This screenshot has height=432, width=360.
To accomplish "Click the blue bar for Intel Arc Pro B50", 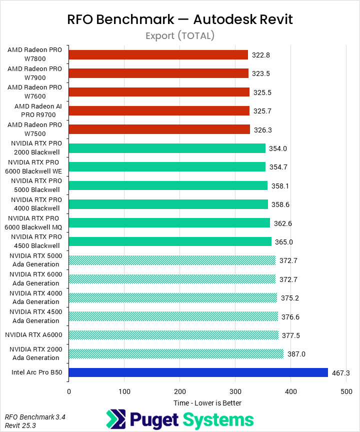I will point(198,372).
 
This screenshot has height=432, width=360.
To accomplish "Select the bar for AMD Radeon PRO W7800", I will point(158,54).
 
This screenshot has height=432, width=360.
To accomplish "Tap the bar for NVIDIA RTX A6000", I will point(173,335).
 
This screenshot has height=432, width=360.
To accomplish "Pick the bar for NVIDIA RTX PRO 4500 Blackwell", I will point(170,241).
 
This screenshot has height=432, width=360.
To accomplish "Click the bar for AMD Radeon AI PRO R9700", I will point(159,111).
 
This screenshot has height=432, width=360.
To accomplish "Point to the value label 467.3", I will point(341,373).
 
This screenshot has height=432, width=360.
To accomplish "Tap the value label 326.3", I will point(263,130).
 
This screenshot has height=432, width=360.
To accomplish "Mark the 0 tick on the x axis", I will point(69,391).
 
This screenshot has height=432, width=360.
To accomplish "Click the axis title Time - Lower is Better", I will point(207,403).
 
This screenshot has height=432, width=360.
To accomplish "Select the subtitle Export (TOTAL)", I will point(180,35).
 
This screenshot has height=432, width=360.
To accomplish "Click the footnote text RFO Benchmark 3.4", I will point(28,416).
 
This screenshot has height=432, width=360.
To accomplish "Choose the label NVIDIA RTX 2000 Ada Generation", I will point(35,354).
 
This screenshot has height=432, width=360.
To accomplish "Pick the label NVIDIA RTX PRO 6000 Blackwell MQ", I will point(35,223).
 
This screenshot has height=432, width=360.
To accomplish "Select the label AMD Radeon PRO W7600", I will point(35,92).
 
